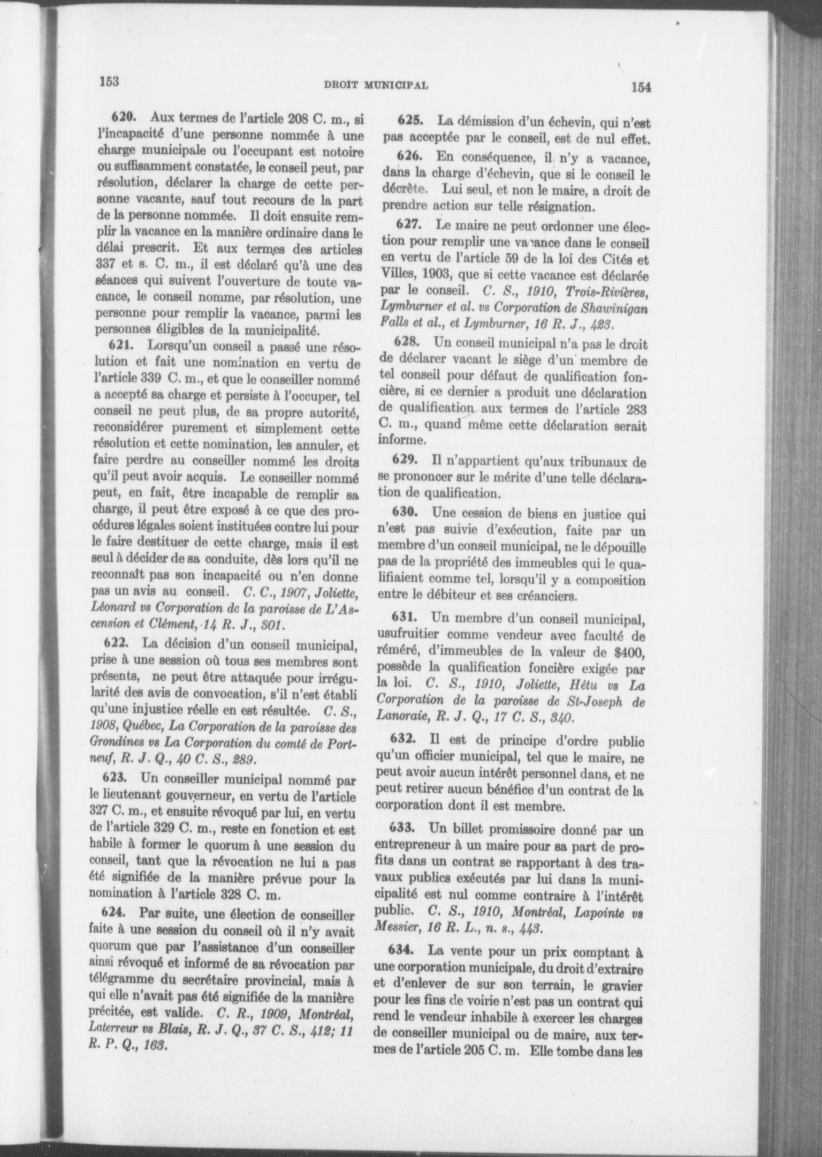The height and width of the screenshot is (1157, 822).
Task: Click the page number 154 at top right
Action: [x=641, y=87]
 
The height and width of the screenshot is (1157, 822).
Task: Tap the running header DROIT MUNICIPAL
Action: [x=375, y=85]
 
